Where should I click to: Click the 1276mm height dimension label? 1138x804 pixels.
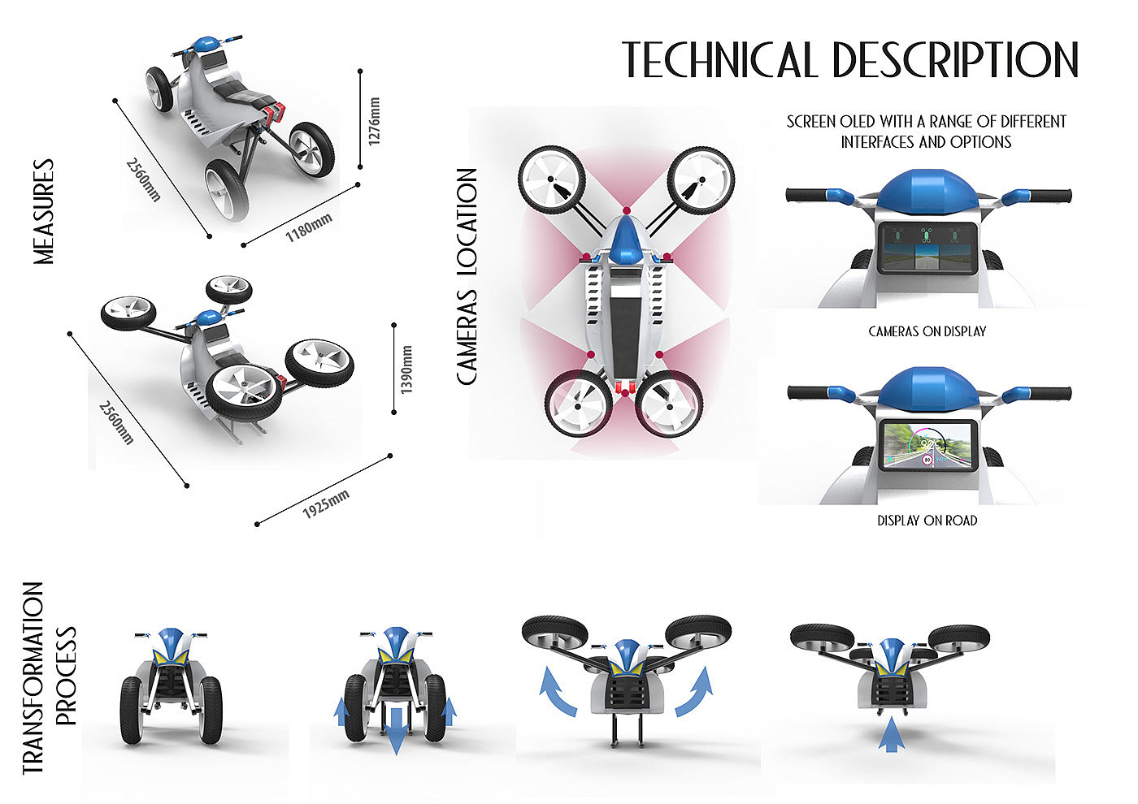(374, 120)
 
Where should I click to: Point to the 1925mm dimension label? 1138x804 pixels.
(326, 504)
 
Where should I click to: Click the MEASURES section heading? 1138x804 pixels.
(43, 211)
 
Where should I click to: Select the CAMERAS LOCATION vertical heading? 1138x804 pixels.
(467, 276)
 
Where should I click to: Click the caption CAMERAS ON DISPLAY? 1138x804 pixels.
(927, 331)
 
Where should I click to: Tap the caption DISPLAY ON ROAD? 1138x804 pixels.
(927, 520)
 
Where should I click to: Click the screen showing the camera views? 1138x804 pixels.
(927, 249)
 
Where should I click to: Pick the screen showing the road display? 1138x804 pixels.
(927, 446)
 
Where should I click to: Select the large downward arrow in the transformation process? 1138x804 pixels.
(397, 730)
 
